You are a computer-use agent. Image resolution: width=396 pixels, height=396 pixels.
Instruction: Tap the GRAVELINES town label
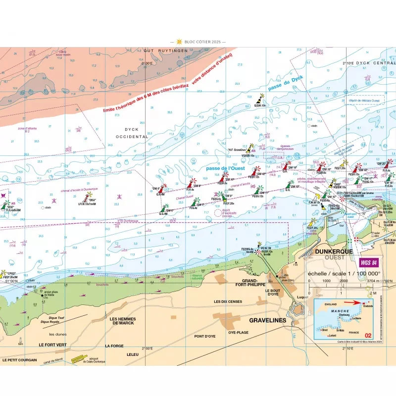[x=268, y=321]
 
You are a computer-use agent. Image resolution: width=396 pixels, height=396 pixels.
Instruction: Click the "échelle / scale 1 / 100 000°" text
[x=344, y=273]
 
